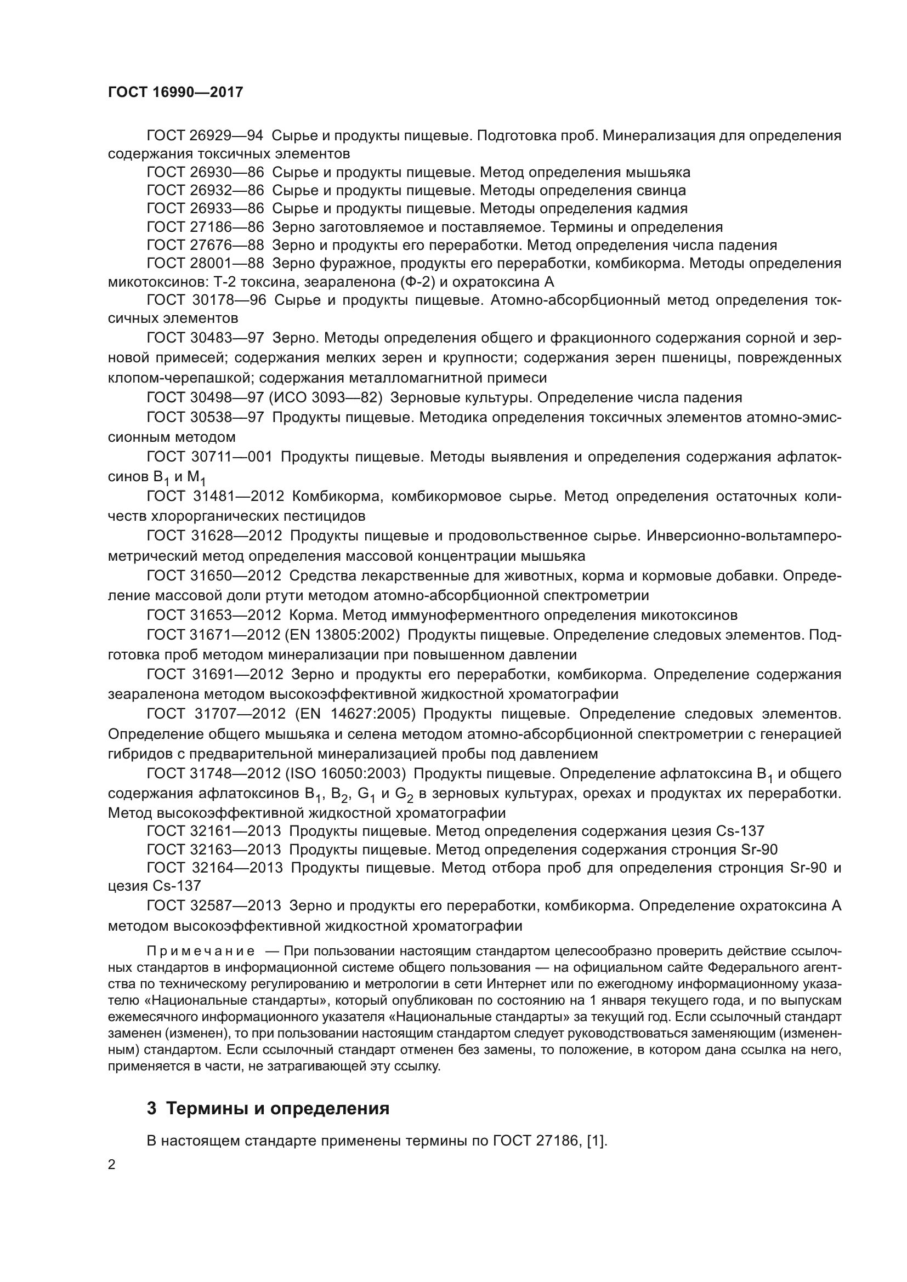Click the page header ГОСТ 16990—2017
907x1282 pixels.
tap(175, 92)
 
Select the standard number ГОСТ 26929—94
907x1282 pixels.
tap(205, 136)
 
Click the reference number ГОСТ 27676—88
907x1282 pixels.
tap(205, 245)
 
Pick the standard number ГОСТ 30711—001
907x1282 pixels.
tap(209, 457)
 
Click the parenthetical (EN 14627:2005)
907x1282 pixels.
tap(355, 714)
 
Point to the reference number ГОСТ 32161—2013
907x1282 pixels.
tap(214, 831)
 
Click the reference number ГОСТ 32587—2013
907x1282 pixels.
tap(214, 905)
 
